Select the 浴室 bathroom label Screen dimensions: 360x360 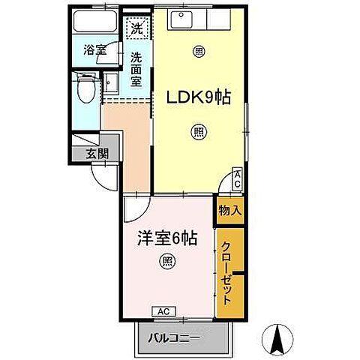click(x=94, y=52)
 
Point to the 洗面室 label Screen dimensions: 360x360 click(x=136, y=69)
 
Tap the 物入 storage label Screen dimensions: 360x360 click(x=230, y=211)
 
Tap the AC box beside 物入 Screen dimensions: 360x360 click(x=237, y=178)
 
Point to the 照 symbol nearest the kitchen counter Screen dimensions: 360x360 click(x=199, y=52)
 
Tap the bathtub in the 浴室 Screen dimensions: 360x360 click(x=94, y=21)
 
